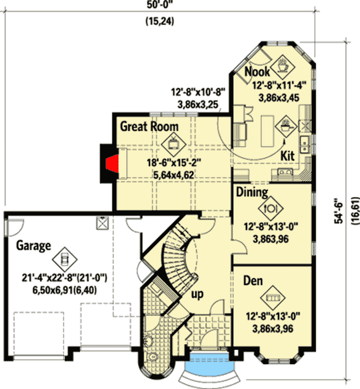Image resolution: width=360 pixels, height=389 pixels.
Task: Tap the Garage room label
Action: [x=33, y=245]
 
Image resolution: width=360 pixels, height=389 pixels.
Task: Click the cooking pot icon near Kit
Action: [x=285, y=126]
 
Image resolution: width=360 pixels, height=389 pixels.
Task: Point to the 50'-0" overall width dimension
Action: [x=157, y=6]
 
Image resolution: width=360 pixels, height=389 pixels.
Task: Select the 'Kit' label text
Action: [x=287, y=156]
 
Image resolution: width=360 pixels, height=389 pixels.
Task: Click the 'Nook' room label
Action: [x=258, y=71]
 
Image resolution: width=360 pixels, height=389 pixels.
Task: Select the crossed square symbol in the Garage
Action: [x=101, y=224]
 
